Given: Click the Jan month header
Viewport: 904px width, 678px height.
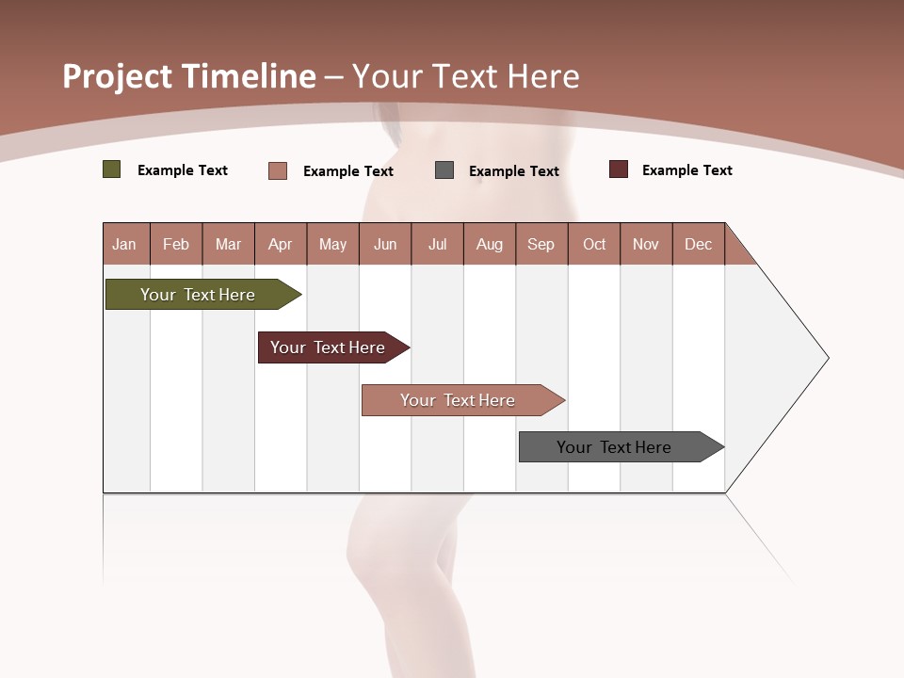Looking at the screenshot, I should point(124,244).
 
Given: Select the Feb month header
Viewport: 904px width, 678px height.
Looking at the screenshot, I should point(176,244).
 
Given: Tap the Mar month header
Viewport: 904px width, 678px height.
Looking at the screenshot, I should point(228,244).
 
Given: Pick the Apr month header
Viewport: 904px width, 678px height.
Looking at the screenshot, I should point(281,244).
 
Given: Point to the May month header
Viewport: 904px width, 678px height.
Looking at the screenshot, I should point(332,244).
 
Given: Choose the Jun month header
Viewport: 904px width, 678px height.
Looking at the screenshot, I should point(385,244).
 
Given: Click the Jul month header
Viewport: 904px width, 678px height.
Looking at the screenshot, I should point(437,244).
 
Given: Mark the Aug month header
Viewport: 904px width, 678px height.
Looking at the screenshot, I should point(490,244).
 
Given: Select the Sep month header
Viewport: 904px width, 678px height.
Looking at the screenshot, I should point(541,244).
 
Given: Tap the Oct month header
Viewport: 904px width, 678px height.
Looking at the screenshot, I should point(594,244).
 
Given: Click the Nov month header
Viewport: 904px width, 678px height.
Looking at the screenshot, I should point(646,244).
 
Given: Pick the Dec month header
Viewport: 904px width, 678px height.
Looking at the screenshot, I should point(699,244).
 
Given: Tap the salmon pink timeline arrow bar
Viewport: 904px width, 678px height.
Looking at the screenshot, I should point(459,400).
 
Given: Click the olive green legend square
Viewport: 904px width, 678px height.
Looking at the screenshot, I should point(112,169).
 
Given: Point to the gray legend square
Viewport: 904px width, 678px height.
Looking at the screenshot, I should point(444,170).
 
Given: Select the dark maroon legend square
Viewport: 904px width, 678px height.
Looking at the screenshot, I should point(619,169).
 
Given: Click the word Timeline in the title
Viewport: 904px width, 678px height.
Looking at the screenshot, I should point(250,76).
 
